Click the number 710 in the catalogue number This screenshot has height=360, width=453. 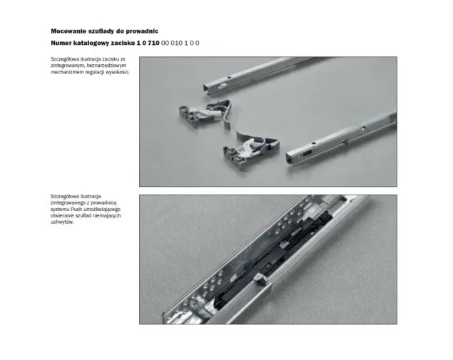pos(153,43)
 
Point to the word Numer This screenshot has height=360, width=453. pos(61,43)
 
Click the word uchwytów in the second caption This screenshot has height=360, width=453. pos(62,222)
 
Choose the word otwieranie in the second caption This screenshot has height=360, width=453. pos(62,216)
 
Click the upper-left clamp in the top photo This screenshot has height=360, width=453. pos(205,113)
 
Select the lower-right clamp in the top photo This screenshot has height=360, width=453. pos(250,150)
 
